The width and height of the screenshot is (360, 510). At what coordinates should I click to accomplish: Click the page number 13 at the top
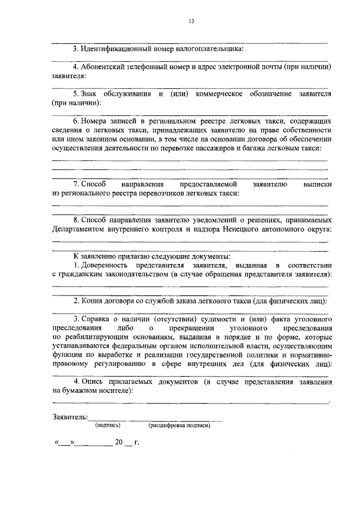[191, 21]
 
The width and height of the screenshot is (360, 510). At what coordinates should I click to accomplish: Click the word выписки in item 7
[316, 184]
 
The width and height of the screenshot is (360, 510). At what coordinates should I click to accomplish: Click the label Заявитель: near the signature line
[70, 417]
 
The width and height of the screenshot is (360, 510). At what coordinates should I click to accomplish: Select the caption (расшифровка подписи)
[179, 426]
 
